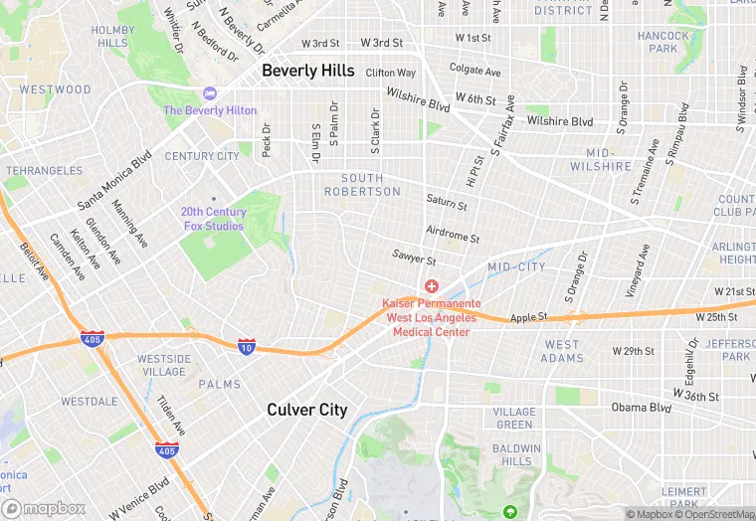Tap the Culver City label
306,410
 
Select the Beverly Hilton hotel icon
209,93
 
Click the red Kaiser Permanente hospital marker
431,286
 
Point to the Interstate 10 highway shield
246,346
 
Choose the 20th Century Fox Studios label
212,219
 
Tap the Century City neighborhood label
202,156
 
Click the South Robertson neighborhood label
362,185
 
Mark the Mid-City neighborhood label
516,267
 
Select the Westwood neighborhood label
55,89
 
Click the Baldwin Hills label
517,454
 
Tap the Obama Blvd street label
643,407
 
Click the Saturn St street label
446,204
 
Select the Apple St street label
528,318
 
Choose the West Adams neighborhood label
562,351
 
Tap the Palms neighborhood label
219,384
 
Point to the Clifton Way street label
390,73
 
